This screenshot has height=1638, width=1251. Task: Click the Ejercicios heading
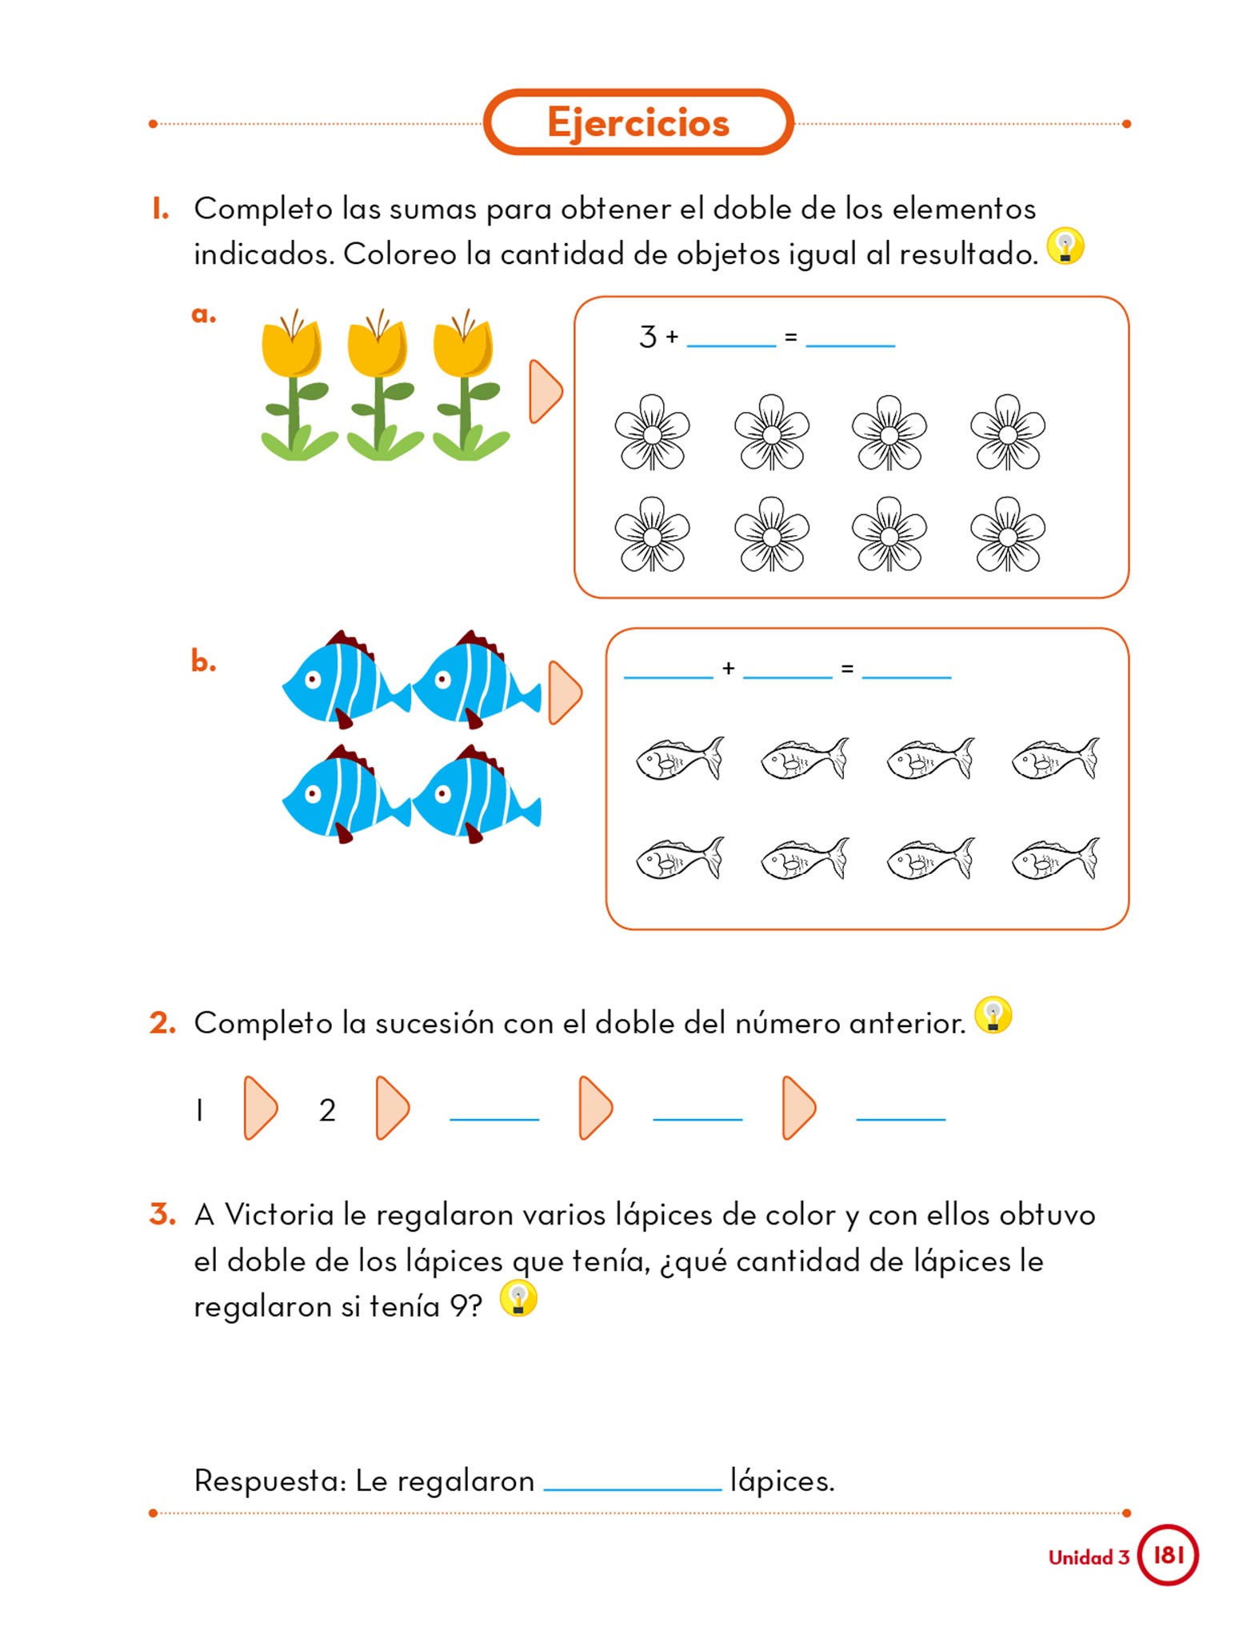coord(637,122)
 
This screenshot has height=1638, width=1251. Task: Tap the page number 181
coord(1168,1554)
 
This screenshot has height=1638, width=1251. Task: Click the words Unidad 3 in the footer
coord(1089,1557)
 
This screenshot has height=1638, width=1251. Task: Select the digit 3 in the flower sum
coord(647,337)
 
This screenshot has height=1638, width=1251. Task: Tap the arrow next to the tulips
coord(546,391)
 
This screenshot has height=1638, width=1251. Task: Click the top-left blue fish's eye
coord(313,679)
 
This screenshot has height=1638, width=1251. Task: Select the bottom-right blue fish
coord(475,794)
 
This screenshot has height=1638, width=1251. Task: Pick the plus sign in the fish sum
coord(728,668)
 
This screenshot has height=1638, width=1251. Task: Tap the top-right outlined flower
coord(1007,433)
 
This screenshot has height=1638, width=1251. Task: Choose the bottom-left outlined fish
coord(679,858)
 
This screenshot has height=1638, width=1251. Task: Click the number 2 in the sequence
coord(327,1110)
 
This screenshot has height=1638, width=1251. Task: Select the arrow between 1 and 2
coord(260,1108)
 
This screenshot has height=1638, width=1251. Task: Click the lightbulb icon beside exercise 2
coord(993,1015)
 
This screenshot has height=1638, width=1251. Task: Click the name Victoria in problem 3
coord(278,1214)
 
